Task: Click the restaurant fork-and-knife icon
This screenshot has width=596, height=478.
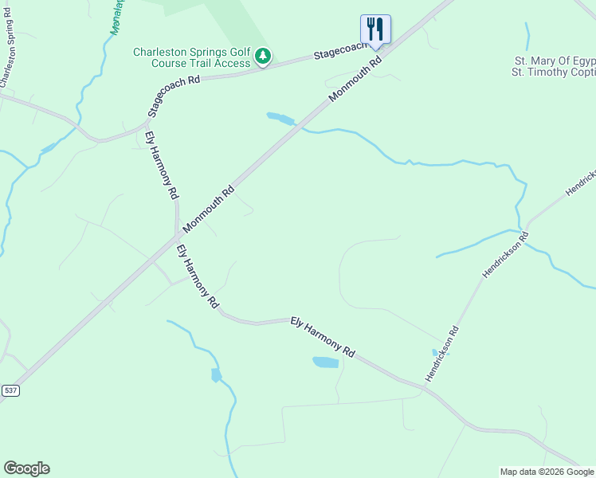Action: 375,29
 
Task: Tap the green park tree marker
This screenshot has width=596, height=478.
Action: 263,57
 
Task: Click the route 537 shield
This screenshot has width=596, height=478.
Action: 10,390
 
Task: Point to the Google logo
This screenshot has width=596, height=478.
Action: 26,468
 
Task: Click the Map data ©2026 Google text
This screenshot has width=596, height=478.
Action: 547,472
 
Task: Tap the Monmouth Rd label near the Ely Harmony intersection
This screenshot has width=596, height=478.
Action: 209,210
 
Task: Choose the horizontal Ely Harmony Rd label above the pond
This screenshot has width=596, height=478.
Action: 322,335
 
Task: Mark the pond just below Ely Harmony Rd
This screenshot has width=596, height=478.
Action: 326,362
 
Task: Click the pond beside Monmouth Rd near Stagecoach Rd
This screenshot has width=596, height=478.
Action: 280,119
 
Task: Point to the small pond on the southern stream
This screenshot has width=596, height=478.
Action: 216,374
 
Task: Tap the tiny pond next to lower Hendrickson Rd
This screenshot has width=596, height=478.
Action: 436,352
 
